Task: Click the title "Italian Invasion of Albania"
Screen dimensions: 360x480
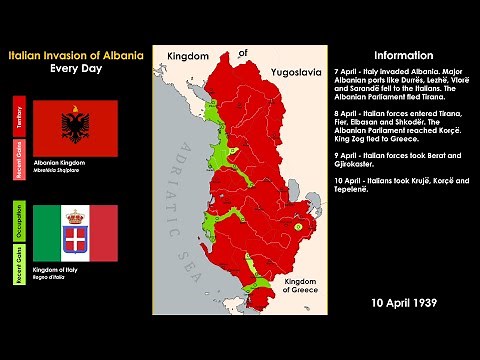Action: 76,55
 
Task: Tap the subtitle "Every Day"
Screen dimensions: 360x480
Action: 76,69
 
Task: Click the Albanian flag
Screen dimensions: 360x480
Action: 76,127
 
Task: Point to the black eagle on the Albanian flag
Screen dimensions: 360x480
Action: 76,127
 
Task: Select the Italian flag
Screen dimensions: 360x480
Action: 76,233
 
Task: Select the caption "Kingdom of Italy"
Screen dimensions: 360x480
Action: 59,270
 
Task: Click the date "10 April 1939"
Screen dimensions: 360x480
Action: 403,301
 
